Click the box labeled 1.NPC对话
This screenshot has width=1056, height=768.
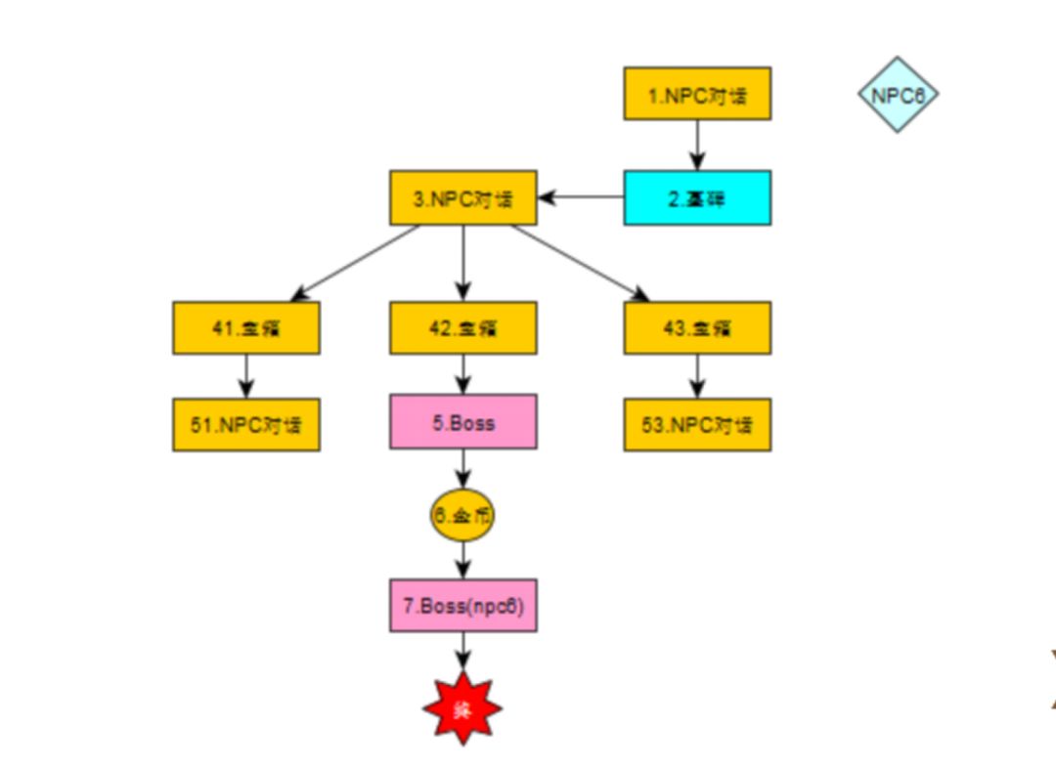click(697, 94)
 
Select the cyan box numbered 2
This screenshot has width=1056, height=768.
click(697, 197)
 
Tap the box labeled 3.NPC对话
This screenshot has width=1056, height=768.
click(462, 197)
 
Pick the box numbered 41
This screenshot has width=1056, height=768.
click(246, 327)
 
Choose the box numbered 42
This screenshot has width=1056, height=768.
click(462, 327)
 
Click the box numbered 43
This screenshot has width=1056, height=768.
click(697, 327)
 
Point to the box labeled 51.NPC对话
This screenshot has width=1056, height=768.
click(246, 424)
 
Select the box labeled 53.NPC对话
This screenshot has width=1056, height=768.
click(697, 424)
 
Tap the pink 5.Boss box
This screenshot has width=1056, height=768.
click(462, 422)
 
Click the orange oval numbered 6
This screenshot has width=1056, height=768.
click(462, 515)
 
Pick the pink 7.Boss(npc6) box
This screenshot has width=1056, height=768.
click(462, 605)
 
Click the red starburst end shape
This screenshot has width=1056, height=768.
click(462, 708)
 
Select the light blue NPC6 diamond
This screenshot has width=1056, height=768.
click(898, 95)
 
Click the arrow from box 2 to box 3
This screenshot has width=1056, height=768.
click(581, 197)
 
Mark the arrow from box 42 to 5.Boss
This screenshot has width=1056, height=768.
click(462, 373)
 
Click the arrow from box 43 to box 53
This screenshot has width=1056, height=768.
click(697, 375)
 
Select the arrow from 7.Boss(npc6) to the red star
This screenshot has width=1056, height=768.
click(462, 650)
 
